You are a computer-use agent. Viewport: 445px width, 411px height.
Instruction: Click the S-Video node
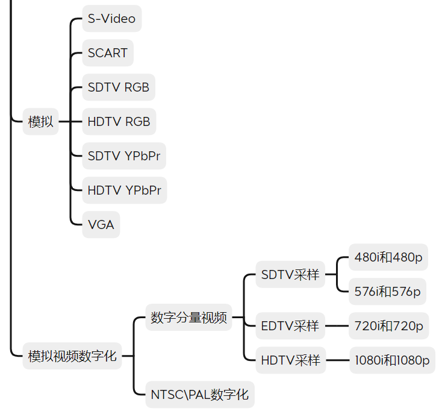pos(112,19)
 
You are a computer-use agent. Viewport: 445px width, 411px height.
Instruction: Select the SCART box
pos(108,53)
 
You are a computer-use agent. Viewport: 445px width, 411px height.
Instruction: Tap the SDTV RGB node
pos(119,87)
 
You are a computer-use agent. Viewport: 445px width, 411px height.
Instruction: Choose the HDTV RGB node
pos(119,122)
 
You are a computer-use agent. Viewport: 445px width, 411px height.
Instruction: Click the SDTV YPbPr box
pos(124,156)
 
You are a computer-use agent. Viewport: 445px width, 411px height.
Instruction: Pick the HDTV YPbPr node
pos(125,190)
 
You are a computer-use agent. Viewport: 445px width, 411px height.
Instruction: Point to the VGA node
pos(101,225)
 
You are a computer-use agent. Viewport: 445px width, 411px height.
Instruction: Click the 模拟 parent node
pos(40,122)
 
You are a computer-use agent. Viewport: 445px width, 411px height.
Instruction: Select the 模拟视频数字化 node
pos(72,356)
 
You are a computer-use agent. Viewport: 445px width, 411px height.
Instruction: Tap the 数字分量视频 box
pos(188,318)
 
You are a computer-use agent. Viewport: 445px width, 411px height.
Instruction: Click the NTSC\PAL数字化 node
pos(200,395)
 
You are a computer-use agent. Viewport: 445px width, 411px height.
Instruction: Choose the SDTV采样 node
pos(290,275)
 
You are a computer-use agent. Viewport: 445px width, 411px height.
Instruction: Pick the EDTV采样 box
pos(290,326)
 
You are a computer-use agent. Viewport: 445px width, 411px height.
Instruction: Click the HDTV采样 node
pos(291,360)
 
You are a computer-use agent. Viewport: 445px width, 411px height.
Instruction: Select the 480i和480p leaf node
pos(388,257)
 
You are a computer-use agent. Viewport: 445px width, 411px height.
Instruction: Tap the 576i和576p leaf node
pos(387,292)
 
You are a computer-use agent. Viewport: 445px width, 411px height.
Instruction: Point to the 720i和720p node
pos(388,326)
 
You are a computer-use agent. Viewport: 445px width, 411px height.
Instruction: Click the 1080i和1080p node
pos(392,360)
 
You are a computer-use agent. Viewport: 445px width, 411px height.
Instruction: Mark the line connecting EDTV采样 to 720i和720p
pos(337,326)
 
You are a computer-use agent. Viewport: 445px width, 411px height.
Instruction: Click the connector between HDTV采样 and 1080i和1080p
pos(338,360)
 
